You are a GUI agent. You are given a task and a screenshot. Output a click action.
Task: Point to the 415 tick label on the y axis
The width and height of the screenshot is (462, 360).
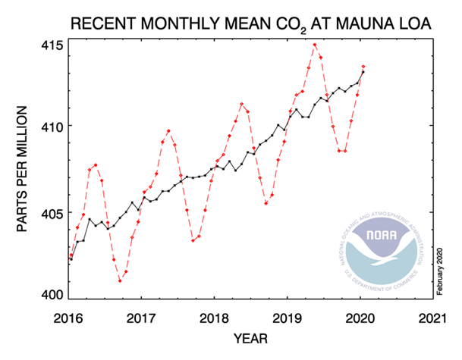(x=54, y=43)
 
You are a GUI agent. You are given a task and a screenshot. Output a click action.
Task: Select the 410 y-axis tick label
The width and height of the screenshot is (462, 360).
(x=54, y=127)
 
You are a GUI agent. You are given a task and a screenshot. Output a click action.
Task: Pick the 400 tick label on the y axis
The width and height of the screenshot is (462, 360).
(x=54, y=296)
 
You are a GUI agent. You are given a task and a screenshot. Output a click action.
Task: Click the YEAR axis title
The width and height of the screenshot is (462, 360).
(x=250, y=339)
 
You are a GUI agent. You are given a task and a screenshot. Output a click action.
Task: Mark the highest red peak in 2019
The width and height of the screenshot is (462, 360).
(x=315, y=45)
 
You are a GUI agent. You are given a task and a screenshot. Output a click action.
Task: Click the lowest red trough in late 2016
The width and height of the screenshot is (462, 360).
(x=120, y=281)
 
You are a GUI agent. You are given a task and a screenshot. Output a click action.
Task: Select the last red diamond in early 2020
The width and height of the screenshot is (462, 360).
(x=363, y=67)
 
